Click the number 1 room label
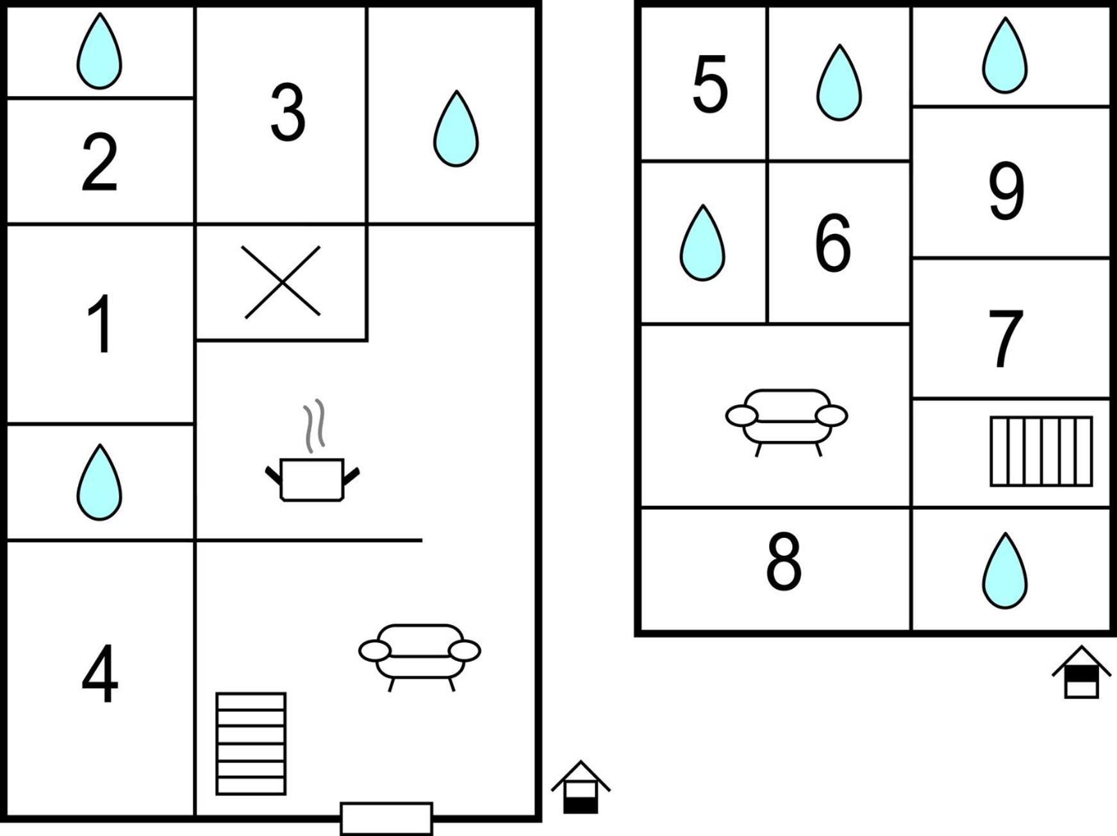[101, 324]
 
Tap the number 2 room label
[100, 162]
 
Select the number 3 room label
[288, 112]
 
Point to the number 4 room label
[100, 674]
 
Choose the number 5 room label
[710, 84]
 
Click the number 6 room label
[833, 243]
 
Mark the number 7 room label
[1005, 339]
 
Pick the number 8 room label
[784, 562]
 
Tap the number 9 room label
[1006, 191]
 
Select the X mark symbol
[282, 281]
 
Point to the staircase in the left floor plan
[251, 744]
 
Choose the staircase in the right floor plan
[1041, 451]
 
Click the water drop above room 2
[99, 51]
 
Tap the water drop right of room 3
[456, 129]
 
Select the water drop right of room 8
[1005, 571]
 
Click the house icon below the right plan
[1081, 672]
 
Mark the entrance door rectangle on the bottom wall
[386, 819]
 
